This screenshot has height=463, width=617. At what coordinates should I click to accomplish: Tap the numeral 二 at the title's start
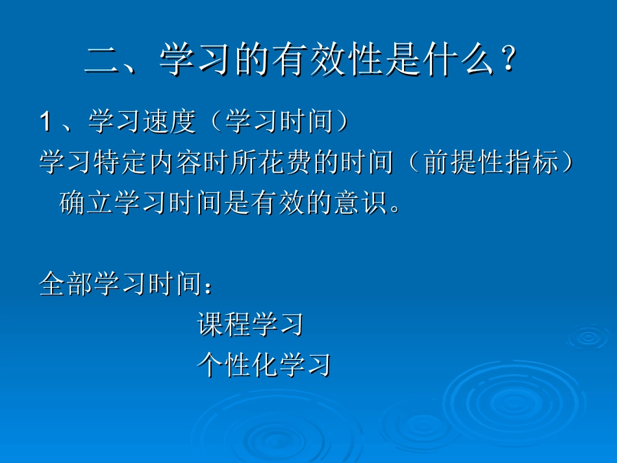click(x=103, y=62)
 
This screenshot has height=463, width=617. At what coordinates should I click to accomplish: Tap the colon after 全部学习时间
click(x=208, y=286)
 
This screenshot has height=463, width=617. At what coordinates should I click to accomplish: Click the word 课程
click(x=223, y=324)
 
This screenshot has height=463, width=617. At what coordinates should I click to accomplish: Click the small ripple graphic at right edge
click(x=588, y=336)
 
